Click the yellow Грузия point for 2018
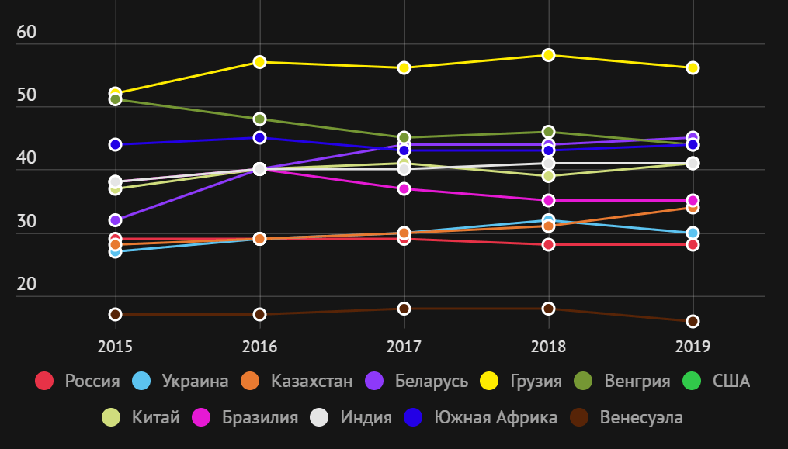click(x=548, y=55)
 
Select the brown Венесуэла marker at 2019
click(x=693, y=321)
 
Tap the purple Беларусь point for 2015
click(x=116, y=220)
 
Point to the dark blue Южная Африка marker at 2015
click(x=116, y=144)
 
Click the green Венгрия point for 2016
click(x=260, y=119)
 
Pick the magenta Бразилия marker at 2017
click(x=404, y=188)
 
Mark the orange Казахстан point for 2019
click(x=693, y=207)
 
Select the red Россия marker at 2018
click(x=548, y=244)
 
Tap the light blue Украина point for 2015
click(x=116, y=251)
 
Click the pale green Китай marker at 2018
click(x=548, y=176)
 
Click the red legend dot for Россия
click(x=44, y=381)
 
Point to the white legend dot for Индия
click(x=319, y=417)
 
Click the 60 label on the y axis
click(x=27, y=33)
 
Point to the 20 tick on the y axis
click(x=27, y=285)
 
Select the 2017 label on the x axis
click(x=404, y=346)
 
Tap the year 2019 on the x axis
click(x=693, y=346)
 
